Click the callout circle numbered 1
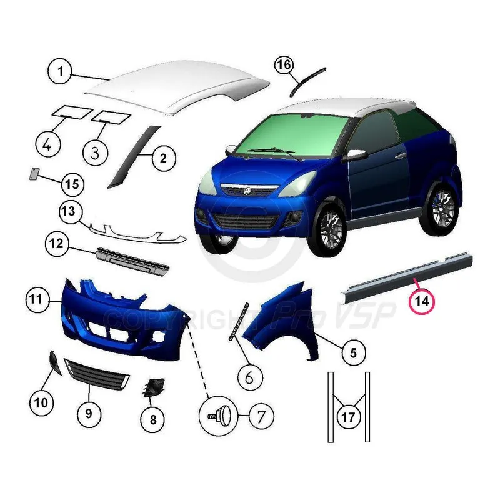point(60,71)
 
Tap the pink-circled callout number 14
point(422,301)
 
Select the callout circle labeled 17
point(348,417)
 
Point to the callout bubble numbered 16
point(284,65)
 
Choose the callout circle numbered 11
point(37,300)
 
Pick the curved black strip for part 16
point(306,81)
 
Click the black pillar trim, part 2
point(133,156)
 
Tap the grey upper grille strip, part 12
point(132,261)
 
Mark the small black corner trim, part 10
point(54,362)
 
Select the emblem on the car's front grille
point(247,191)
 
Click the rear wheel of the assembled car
point(442,208)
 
